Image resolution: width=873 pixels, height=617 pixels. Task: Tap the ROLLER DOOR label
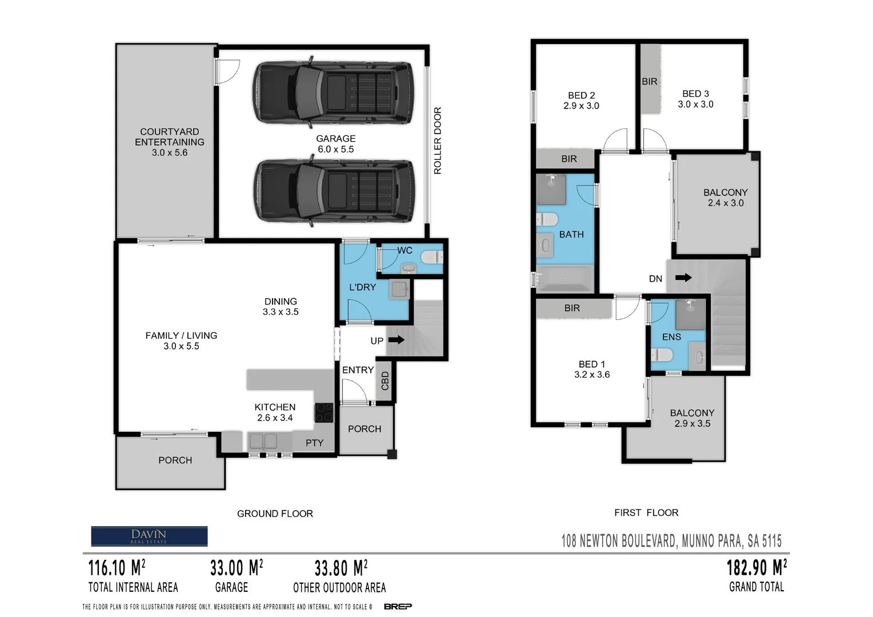pos(438,141)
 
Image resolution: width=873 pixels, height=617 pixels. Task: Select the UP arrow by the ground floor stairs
pos(396,340)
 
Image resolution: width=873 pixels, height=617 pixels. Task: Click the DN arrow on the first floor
pos(683,278)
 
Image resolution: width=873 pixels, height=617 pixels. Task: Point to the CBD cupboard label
pos(385,380)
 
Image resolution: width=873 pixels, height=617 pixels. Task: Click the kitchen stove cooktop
pos(324,412)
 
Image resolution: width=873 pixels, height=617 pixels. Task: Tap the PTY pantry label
pos(314,443)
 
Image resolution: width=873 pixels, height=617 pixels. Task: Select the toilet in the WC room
pos(432,257)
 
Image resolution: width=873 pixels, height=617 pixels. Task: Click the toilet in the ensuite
pos(662,355)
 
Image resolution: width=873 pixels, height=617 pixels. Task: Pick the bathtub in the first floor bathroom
pos(565,279)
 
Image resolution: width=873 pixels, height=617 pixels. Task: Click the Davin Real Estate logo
pos(149,536)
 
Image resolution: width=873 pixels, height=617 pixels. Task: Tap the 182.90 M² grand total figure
pos(756,568)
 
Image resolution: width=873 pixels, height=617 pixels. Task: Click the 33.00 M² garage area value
pos(236,568)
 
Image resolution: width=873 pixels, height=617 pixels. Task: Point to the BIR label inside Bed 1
pos(572,308)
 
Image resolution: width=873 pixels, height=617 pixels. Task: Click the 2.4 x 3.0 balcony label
pos(726,203)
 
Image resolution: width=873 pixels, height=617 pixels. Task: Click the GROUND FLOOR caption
pos(275,514)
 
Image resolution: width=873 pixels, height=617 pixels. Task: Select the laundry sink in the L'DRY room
pos(399,290)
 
